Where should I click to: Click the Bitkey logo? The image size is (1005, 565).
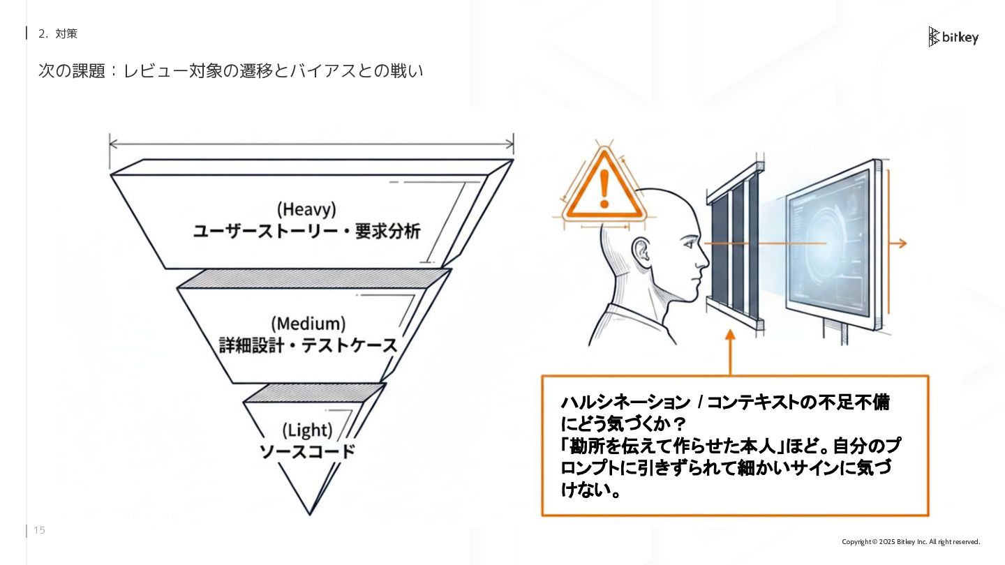(953, 37)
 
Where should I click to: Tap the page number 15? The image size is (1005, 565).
(39, 531)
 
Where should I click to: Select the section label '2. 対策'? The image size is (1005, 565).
(58, 33)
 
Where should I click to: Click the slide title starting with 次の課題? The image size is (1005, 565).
(230, 71)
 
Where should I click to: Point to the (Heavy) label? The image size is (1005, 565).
(306, 209)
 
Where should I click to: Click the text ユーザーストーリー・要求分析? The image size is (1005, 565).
(306, 231)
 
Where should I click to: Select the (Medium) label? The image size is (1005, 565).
(308, 324)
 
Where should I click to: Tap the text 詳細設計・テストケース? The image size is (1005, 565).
(308, 345)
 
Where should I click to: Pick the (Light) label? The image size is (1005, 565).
(307, 430)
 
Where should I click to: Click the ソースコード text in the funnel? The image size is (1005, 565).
(307, 451)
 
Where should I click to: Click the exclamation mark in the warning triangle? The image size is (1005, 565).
(604, 187)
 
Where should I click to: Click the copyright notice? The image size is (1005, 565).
(911, 542)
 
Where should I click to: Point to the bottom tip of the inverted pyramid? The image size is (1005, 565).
(310, 513)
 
